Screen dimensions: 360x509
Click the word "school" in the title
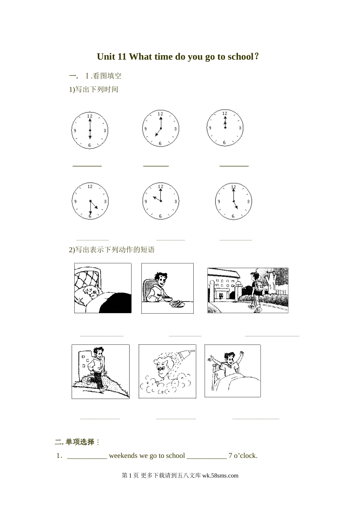tap(241, 57)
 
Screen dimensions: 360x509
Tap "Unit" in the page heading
tap(106, 57)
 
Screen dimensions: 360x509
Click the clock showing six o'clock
tap(90, 130)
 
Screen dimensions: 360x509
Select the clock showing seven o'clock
tap(161, 128)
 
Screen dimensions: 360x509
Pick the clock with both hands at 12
tap(225, 128)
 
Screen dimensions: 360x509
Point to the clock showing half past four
tap(90, 201)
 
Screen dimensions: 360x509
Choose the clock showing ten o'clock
tap(161, 201)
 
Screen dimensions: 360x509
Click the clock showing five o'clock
tap(233, 201)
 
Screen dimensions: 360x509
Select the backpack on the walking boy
tap(259, 284)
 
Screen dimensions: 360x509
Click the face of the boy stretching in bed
tap(229, 359)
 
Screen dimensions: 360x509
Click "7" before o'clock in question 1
tap(230, 456)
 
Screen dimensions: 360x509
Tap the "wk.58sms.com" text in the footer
tap(220, 476)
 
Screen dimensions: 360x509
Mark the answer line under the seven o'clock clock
tap(156, 166)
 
